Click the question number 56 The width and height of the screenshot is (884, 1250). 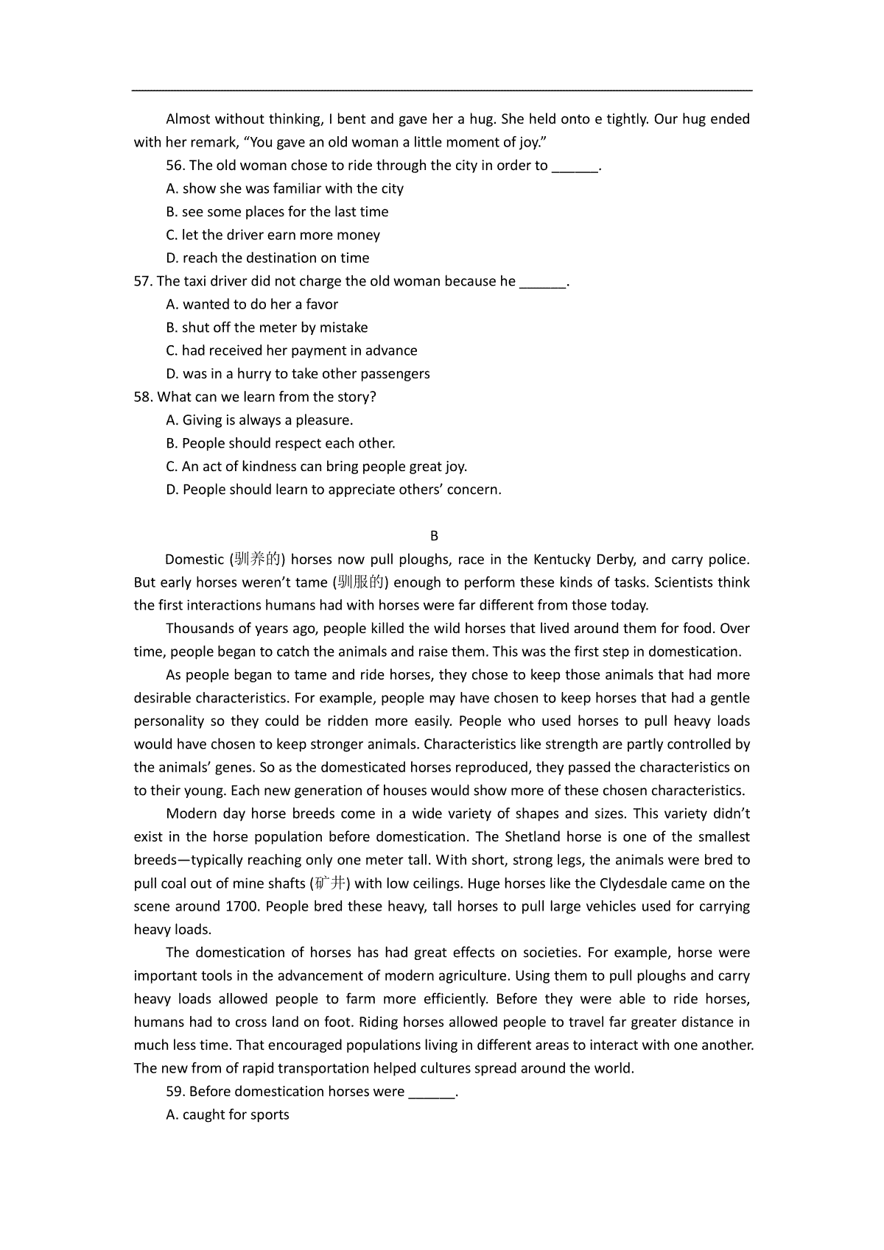pyautogui.click(x=175, y=166)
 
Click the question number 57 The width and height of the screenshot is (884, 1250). pyautogui.click(x=143, y=281)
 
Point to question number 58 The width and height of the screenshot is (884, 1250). pyautogui.click(x=143, y=397)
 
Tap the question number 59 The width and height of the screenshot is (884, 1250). pyautogui.click(x=175, y=1092)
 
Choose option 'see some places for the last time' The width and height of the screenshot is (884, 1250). pyautogui.click(x=285, y=212)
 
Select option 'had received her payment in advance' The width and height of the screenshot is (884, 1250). pyautogui.click(x=299, y=350)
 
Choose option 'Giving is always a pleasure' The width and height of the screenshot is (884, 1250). pyautogui.click(x=267, y=420)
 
